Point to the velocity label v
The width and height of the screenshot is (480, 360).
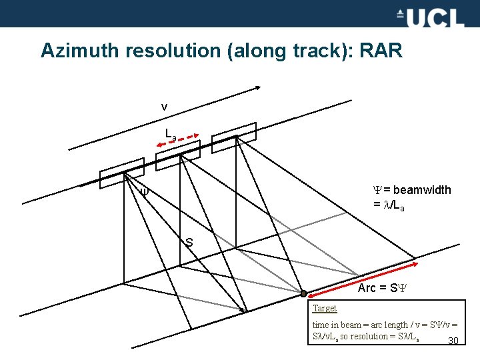coord(164,107)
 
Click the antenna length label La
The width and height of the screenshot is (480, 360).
coord(171,134)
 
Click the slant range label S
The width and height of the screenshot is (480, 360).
coord(189,243)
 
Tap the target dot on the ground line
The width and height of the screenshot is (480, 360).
coord(303,294)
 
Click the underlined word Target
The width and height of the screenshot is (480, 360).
coord(325,308)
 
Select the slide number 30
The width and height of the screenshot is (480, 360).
coord(453,341)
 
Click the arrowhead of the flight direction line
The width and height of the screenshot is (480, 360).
coord(259,89)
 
